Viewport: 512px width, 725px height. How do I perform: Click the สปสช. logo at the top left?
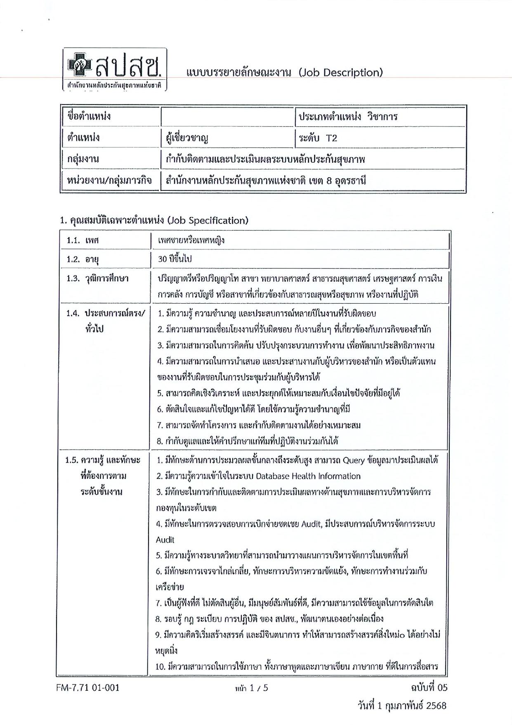click(x=115, y=69)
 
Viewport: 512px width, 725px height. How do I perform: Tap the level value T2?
click(x=331, y=138)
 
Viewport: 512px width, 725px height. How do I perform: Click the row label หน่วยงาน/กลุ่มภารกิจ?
click(x=109, y=181)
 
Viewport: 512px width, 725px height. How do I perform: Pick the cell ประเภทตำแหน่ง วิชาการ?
click(x=348, y=116)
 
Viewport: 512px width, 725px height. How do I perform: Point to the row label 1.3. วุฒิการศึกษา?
click(x=97, y=278)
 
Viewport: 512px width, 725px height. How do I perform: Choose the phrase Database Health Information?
click(x=308, y=476)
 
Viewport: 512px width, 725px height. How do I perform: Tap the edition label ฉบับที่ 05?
click(x=429, y=687)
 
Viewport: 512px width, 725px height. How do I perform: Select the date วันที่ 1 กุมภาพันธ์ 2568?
click(x=402, y=706)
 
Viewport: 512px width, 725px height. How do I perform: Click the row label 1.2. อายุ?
click(x=83, y=259)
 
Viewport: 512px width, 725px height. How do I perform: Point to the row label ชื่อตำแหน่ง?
click(x=89, y=116)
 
